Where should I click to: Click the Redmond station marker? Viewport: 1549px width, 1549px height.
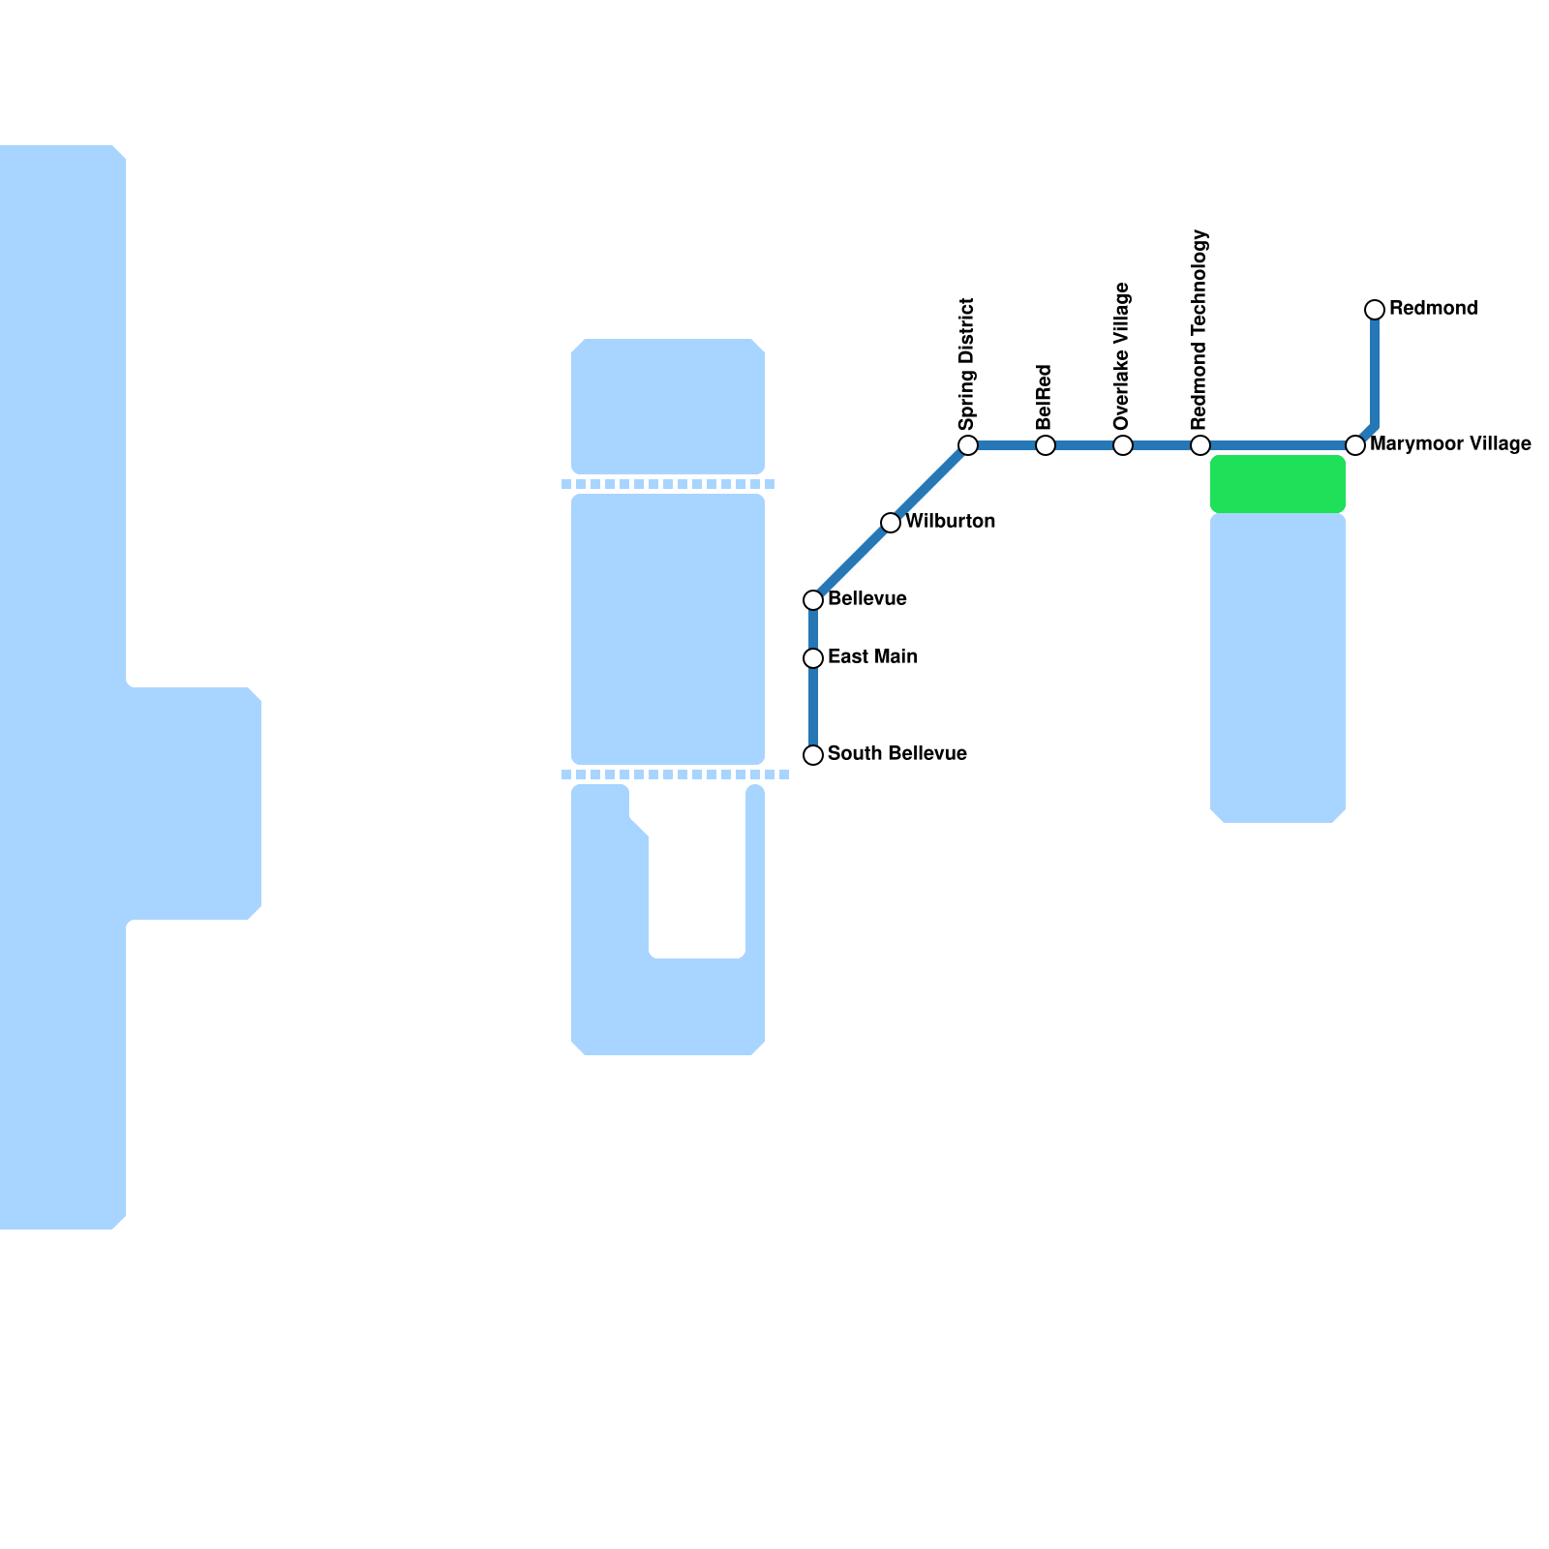pos(1375,310)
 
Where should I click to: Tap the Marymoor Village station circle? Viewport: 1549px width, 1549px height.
pos(1355,445)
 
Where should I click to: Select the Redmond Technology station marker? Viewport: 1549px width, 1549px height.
pos(1200,445)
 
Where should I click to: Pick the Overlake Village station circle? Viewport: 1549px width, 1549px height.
pos(1123,445)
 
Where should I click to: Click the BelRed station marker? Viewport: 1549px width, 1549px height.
pos(1046,445)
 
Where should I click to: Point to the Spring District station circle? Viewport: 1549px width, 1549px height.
pos(968,445)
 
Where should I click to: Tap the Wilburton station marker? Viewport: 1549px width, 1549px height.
pos(891,523)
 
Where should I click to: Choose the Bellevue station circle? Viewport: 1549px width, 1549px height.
pos(813,600)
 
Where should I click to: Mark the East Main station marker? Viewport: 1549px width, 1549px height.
pos(813,658)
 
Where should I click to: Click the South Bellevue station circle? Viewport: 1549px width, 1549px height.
pos(813,755)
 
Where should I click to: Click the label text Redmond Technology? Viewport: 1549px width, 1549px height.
pos(1200,330)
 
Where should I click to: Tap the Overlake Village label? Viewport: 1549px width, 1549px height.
pos(1123,356)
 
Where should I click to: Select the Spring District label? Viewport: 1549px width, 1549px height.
pos(967,364)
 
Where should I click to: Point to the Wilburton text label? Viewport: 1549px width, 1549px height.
pos(950,522)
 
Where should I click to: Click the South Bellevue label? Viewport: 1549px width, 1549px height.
pos(896,754)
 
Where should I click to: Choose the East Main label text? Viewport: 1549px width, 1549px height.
pos(872,657)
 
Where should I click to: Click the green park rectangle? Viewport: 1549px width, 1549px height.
pos(1278,484)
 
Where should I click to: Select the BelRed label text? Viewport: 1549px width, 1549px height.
pos(1045,397)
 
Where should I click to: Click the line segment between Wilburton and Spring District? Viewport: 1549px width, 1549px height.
pos(929,484)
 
